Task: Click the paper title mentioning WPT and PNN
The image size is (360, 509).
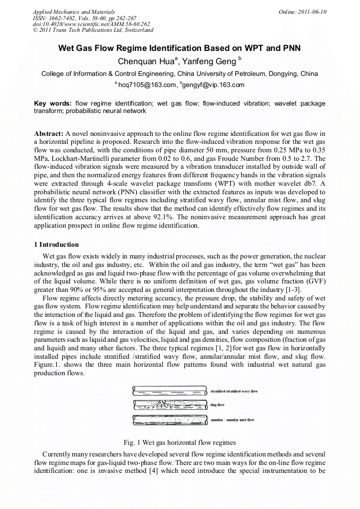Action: pyautogui.click(x=179, y=48)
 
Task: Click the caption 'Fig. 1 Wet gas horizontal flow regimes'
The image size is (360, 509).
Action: pyautogui.click(x=179, y=442)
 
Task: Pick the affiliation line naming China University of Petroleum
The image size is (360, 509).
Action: pyautogui.click(x=179, y=74)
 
